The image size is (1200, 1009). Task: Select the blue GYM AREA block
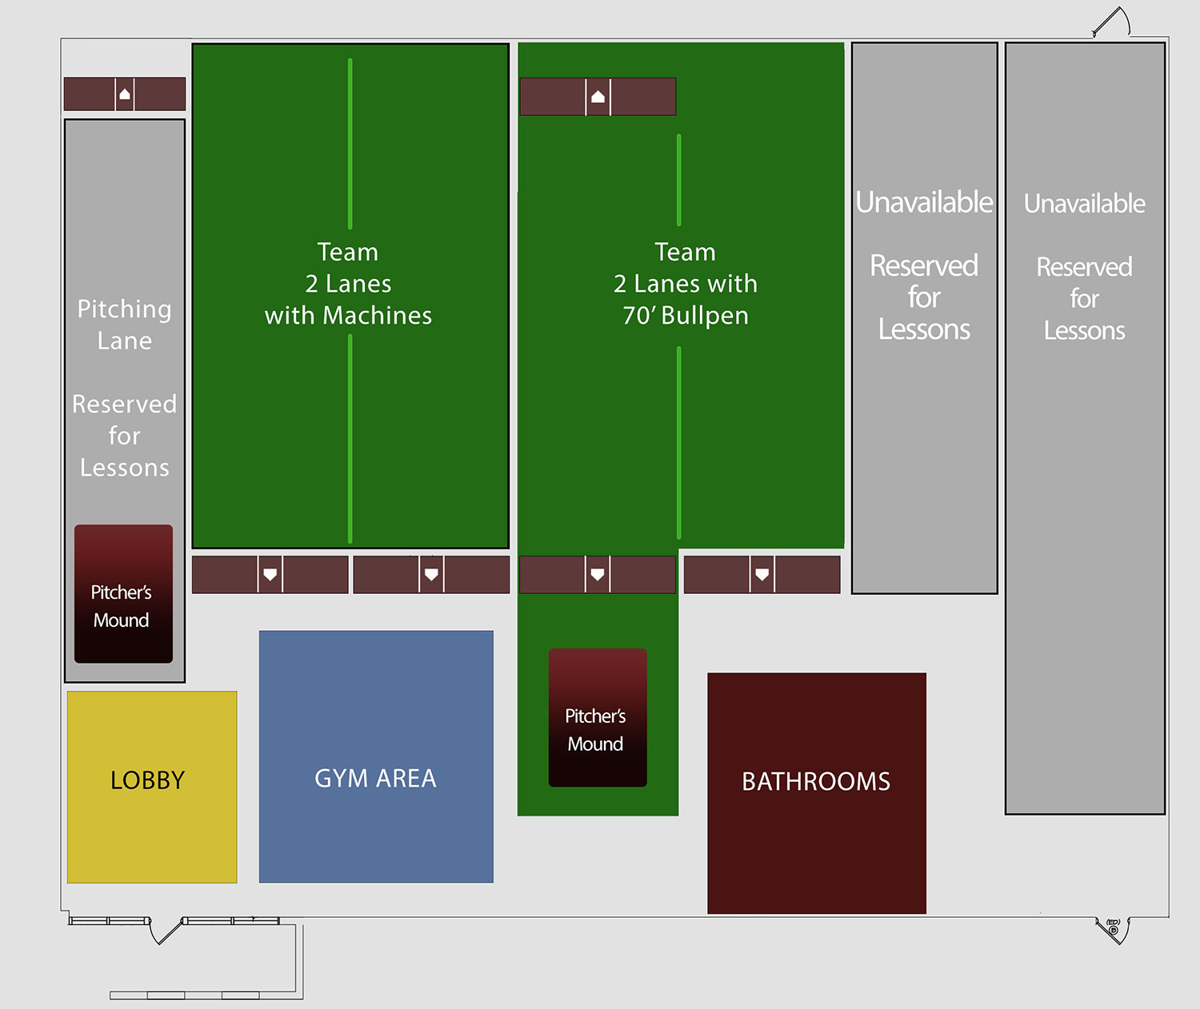click(376, 756)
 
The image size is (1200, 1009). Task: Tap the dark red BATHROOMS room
click(817, 792)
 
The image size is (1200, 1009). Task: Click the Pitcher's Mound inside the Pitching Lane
click(123, 594)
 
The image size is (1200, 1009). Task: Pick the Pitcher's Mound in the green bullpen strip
click(598, 717)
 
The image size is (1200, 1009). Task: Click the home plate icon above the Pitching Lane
click(125, 94)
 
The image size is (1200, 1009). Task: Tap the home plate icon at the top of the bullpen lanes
click(598, 97)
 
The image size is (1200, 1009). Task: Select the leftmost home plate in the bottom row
click(270, 574)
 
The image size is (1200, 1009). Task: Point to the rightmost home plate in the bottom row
click(762, 574)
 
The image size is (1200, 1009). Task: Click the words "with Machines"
click(348, 316)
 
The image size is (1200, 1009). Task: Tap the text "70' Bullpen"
click(686, 316)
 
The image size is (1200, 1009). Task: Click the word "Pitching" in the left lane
click(124, 309)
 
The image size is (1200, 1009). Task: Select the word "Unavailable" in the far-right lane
click(1084, 204)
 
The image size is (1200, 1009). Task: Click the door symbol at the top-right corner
click(1112, 22)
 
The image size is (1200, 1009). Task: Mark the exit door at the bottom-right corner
click(1113, 929)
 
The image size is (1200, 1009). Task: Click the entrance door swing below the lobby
click(166, 931)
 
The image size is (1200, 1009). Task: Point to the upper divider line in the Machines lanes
click(350, 144)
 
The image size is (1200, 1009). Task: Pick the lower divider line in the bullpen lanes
click(679, 442)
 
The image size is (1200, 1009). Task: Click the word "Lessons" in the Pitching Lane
click(124, 468)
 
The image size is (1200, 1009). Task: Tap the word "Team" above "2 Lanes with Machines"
click(348, 252)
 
